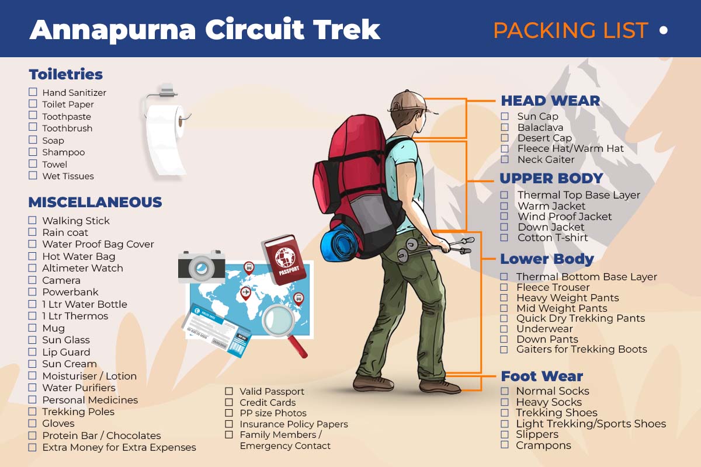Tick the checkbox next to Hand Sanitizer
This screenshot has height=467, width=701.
[33, 92]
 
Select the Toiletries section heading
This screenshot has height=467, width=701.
[65, 74]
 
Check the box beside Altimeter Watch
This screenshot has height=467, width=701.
[33, 268]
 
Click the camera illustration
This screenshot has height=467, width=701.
[201, 267]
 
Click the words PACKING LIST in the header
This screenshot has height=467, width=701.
[570, 30]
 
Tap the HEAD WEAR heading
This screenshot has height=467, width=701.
[550, 100]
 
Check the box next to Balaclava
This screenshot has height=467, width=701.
[505, 127]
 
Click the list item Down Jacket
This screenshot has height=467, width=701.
[550, 227]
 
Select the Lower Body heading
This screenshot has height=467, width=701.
[547, 259]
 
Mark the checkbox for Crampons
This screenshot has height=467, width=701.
[504, 445]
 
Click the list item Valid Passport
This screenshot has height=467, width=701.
[272, 392]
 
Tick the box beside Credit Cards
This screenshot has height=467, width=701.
[229, 403]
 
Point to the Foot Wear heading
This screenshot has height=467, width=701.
[542, 376]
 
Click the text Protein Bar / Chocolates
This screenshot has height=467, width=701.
[101, 435]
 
